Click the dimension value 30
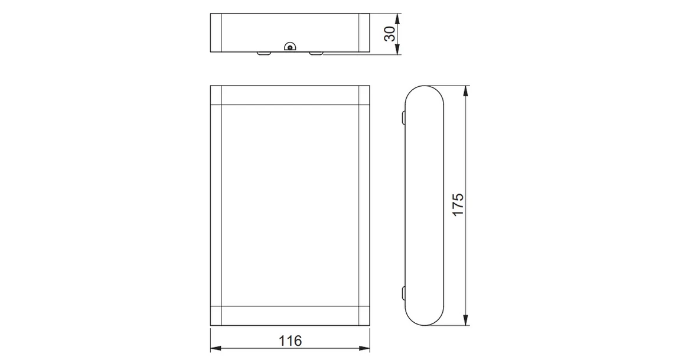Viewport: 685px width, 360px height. pyautogui.click(x=390, y=34)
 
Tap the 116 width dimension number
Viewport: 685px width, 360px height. pyautogui.click(x=290, y=341)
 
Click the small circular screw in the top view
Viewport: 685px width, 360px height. pyautogui.click(x=289, y=48)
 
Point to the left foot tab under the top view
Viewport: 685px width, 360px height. pyautogui.click(x=264, y=54)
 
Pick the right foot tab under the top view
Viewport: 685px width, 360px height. pyautogui.click(x=316, y=54)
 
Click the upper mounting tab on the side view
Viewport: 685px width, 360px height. pyautogui.click(x=403, y=117)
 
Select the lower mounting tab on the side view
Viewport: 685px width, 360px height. pyautogui.click(x=403, y=293)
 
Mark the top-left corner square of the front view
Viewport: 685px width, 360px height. pyautogui.click(x=216, y=95)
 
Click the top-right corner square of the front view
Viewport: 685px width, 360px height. pyautogui.click(x=364, y=95)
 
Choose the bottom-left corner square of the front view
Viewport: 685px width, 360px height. pyautogui.click(x=216, y=316)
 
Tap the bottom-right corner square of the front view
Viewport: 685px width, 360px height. pyautogui.click(x=364, y=316)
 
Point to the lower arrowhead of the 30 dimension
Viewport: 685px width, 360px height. pyautogui.click(x=397, y=51)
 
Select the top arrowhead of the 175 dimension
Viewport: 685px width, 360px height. pyautogui.click(x=467, y=91)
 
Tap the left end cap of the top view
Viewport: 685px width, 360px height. pyautogui.click(x=216, y=34)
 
